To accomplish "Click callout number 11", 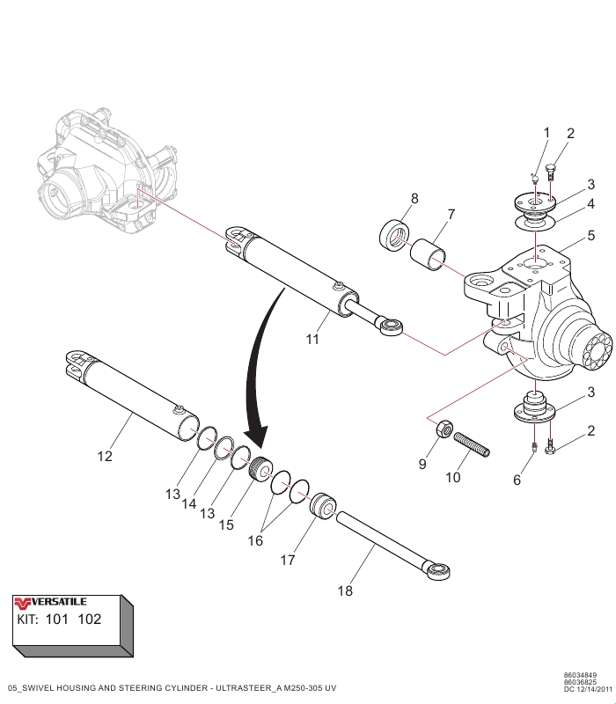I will pyautogui.click(x=312, y=339).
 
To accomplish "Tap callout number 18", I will pyautogui.click(x=345, y=591).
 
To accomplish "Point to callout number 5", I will pyautogui.click(x=591, y=235).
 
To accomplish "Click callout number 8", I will pyautogui.click(x=414, y=200).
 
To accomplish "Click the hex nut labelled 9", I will pyautogui.click(x=444, y=429).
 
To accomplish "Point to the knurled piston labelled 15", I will pyautogui.click(x=260, y=470).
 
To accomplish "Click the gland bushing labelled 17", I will pyautogui.click(x=323, y=507).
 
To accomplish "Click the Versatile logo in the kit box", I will pyautogui.click(x=51, y=602).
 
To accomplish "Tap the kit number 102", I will pyautogui.click(x=89, y=619).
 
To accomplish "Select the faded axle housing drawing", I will pyautogui.click(x=97, y=172).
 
